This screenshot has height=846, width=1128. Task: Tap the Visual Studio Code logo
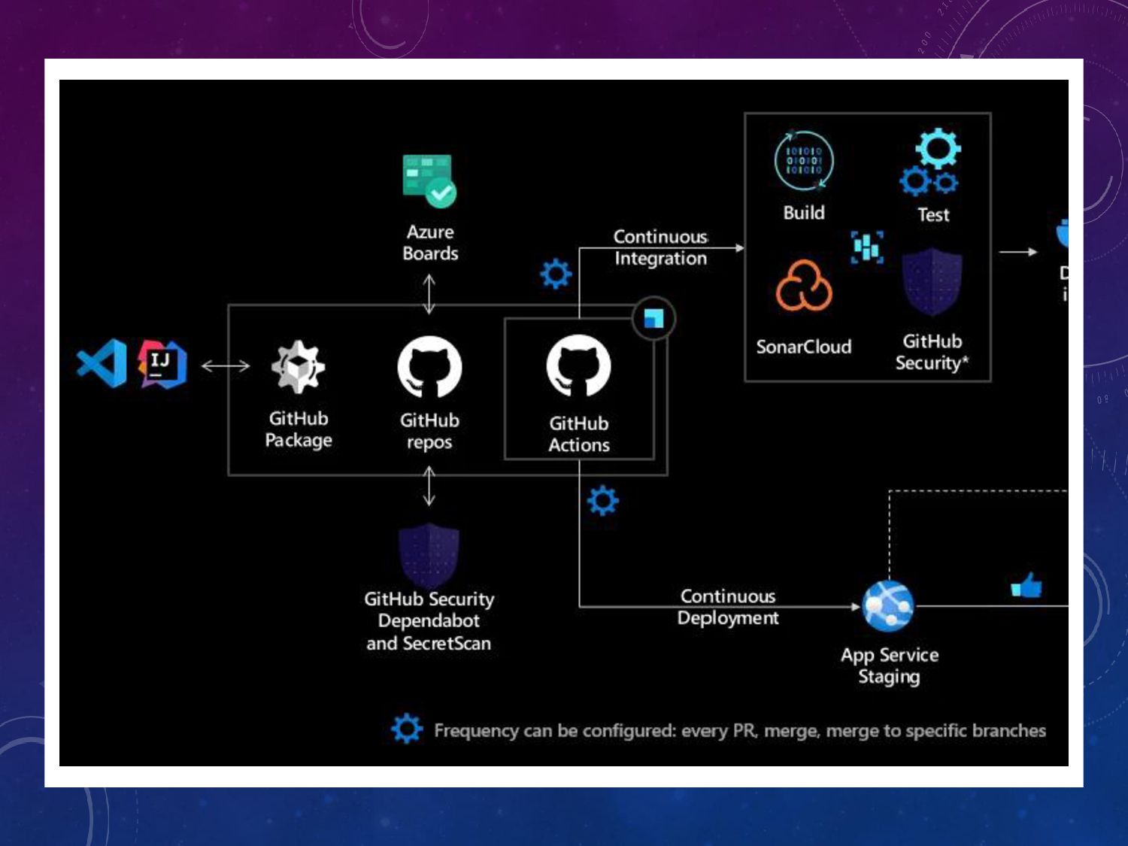tap(102, 363)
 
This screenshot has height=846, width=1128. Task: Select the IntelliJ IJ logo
tap(162, 364)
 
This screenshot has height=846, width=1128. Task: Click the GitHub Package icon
tap(298, 367)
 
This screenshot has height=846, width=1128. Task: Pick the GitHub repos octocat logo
tap(429, 367)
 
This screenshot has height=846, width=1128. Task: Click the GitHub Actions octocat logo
tap(578, 366)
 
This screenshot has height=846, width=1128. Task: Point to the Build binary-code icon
tap(804, 161)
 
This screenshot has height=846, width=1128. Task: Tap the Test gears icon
tap(932, 162)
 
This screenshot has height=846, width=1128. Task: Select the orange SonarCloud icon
tap(804, 286)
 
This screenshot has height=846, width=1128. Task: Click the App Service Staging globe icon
tap(888, 606)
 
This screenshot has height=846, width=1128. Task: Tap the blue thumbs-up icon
tap(1026, 585)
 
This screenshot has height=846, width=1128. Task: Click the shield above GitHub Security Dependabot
tap(429, 555)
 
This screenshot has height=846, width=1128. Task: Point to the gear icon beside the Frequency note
tap(407, 729)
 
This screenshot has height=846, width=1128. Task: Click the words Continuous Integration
tap(660, 247)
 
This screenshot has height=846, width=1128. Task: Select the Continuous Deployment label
tap(728, 607)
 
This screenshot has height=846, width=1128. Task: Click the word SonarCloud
tap(803, 347)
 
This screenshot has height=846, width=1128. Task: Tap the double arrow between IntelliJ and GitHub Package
tap(226, 366)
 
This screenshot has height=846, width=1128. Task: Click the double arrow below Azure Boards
tap(429, 293)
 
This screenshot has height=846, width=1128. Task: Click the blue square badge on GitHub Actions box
tap(653, 319)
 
